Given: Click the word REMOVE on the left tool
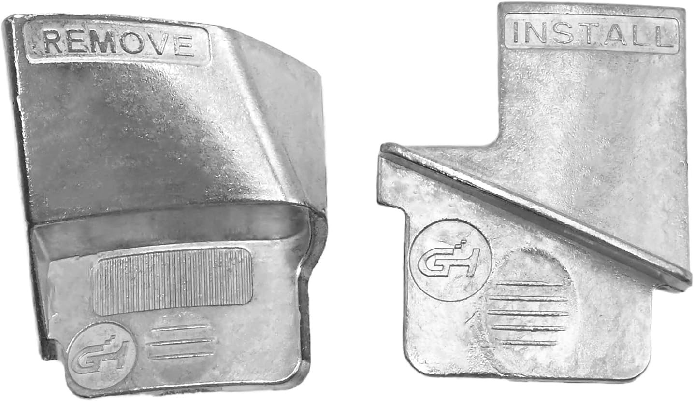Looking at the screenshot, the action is pyautogui.click(x=119, y=43).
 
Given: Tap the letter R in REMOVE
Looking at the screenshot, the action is pyautogui.click(x=53, y=41).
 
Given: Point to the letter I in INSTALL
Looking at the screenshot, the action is pyautogui.click(x=516, y=32).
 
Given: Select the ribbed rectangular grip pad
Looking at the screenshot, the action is pyautogui.click(x=172, y=281).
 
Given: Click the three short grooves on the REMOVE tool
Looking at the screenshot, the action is pyautogui.click(x=180, y=343).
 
